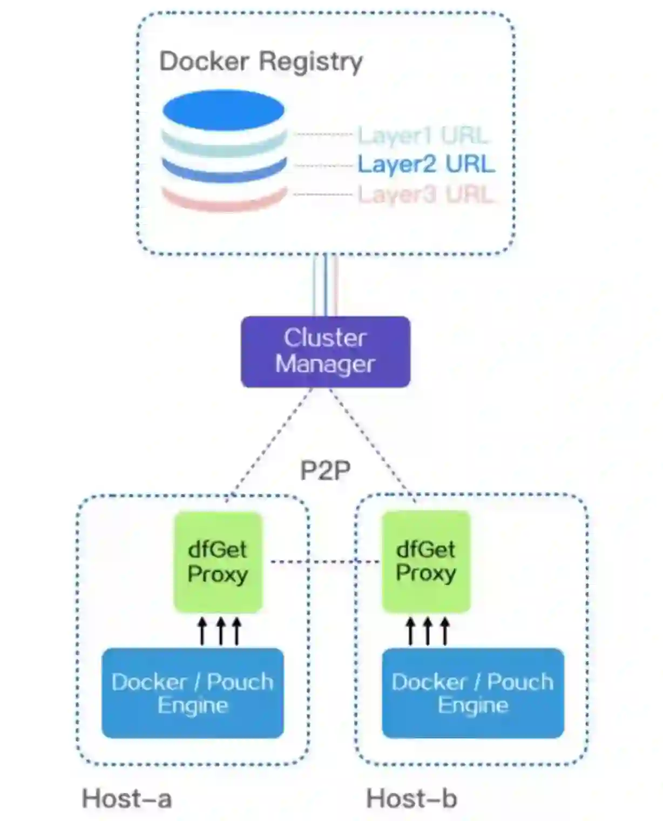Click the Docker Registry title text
(261, 62)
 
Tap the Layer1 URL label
(423, 135)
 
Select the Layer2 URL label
(426, 164)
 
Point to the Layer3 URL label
(425, 194)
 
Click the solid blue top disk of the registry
(224, 110)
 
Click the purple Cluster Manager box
(325, 352)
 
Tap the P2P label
(325, 470)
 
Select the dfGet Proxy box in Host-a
(218, 562)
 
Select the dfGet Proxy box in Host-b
(426, 562)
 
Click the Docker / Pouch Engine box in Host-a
(193, 693)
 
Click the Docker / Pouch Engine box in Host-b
(473, 693)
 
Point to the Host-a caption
(127, 798)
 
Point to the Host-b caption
(411, 798)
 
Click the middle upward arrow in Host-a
(220, 631)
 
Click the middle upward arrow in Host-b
(428, 631)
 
